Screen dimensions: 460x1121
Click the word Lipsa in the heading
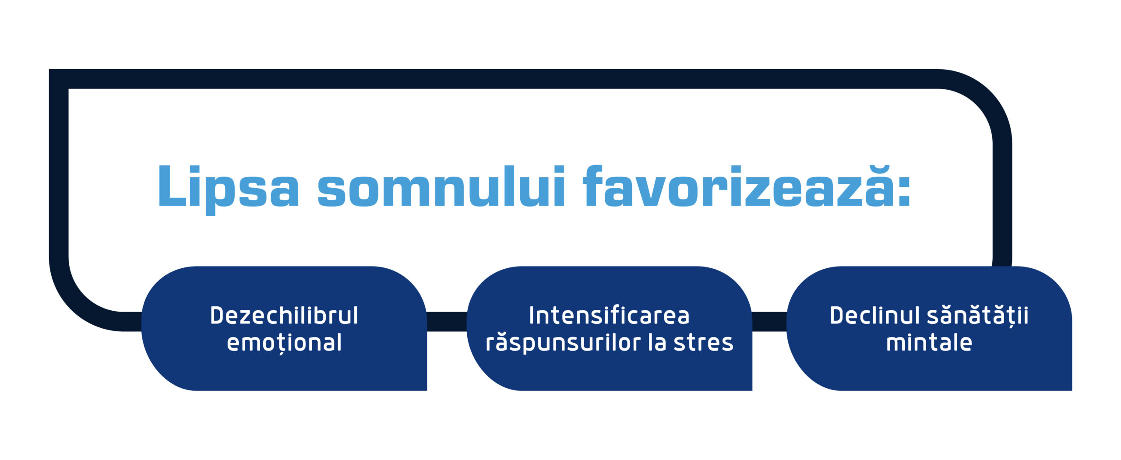point(228,187)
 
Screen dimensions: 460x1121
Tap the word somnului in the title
point(441,187)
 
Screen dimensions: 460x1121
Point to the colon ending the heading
point(903,191)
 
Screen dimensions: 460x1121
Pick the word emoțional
point(284,343)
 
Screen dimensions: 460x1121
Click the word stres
point(703,343)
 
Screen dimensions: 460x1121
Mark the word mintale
point(929,343)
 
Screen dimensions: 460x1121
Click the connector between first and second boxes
point(447,322)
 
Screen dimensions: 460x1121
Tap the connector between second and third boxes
point(769,322)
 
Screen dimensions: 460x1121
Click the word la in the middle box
point(657,343)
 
